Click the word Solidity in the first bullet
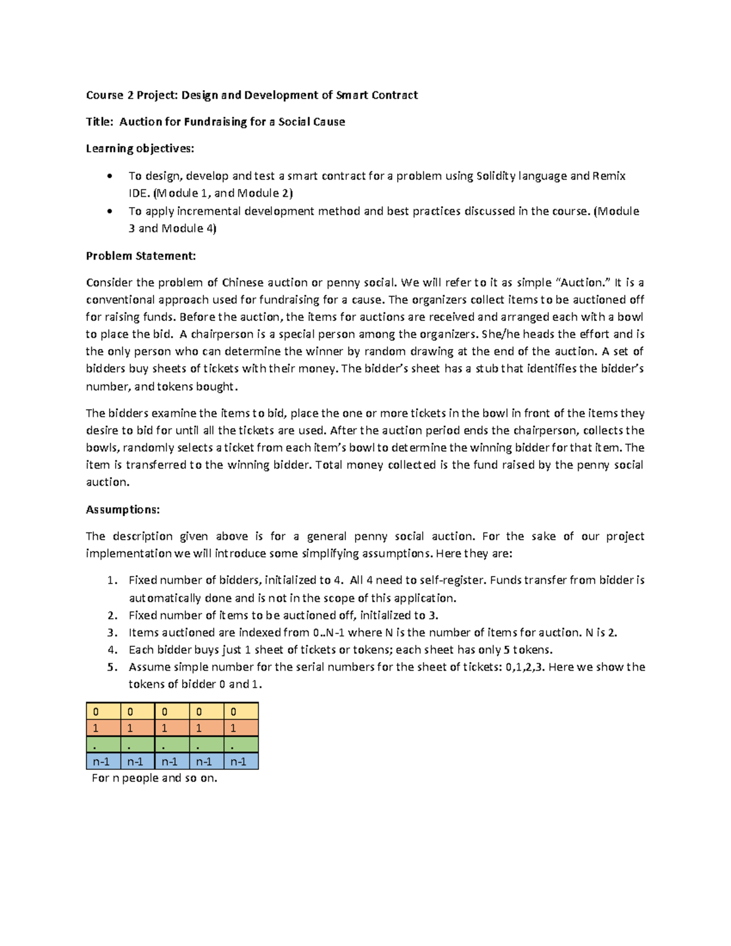pos(495,176)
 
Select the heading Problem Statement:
pos(141,256)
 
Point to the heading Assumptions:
pos(122,509)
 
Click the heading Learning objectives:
pos(139,149)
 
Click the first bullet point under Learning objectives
pos(109,177)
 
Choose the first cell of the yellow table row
pos(103,711)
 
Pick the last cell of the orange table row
pos(241,728)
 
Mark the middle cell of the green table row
pos(172,745)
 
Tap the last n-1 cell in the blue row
pos(241,761)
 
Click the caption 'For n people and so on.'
pos(154,778)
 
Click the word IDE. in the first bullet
pos(138,194)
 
